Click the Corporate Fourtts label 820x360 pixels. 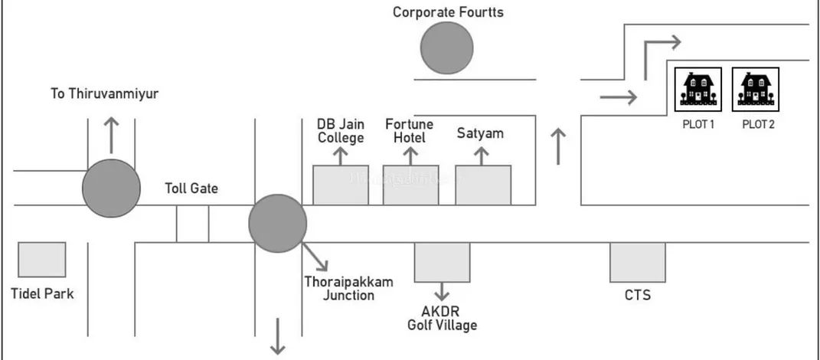click(448, 11)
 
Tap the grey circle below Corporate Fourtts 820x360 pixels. click(447, 49)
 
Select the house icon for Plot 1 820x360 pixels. click(697, 89)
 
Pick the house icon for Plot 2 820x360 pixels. click(756, 89)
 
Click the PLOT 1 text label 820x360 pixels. click(697, 124)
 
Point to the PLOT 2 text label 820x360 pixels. click(758, 124)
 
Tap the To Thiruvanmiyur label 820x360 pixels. click(109, 94)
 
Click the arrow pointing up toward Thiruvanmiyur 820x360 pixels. click(112, 134)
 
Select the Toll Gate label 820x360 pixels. click(191, 188)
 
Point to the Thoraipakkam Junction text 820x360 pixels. click(348, 288)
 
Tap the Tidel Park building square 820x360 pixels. click(41, 260)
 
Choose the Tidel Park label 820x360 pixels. click(42, 293)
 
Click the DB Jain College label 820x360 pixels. click(341, 130)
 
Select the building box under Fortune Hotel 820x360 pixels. click(410, 185)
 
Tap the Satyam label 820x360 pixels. click(480, 133)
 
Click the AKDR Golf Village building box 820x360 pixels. click(442, 263)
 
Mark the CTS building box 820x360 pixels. click(637, 263)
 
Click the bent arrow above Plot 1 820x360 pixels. click(657, 50)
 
